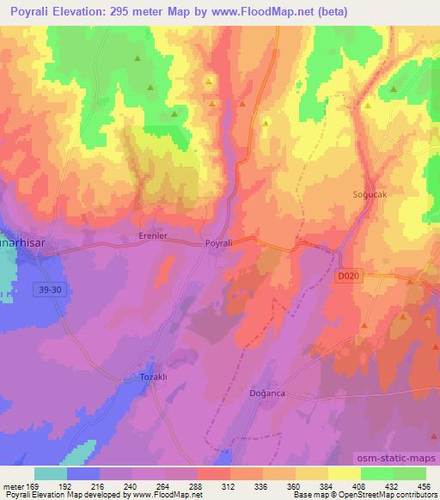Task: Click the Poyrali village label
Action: (218, 244)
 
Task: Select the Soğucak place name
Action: (370, 195)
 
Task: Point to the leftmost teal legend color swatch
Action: (50, 473)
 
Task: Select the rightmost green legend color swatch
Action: (409, 473)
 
